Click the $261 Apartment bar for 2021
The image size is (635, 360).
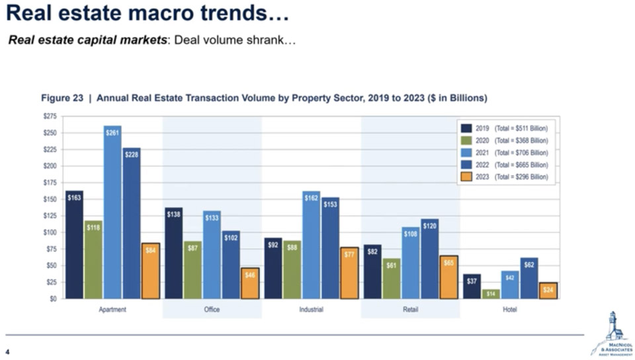112,212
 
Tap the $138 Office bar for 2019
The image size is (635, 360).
174,253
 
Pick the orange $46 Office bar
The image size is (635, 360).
250,283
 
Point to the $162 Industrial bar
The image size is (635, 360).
311,245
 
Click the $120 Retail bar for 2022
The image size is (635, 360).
429,259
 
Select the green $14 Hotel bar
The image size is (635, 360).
491,294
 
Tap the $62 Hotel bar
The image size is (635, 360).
529,278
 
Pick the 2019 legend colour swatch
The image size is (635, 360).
466,128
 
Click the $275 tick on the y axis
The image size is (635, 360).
50,116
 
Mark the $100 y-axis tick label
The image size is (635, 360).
50,232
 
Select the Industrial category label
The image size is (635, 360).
311,310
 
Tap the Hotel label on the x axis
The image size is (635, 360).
509,310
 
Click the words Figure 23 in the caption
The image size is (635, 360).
62,98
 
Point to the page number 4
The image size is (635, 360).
7,351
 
